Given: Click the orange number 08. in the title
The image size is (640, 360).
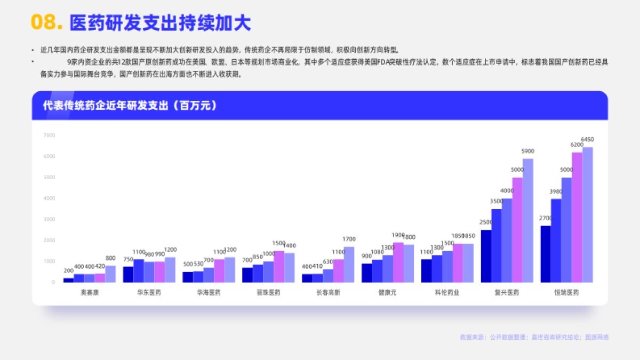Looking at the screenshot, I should pos(47,22).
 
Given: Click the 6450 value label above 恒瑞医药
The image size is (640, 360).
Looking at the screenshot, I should pos(587,140).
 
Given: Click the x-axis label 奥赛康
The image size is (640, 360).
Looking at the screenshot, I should pos(90,293).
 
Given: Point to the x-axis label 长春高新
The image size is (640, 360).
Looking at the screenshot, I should pos(328,293).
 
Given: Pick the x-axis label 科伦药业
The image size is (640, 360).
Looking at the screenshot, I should pos(447,293).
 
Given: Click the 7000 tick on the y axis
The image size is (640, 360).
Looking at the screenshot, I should pos(49,135).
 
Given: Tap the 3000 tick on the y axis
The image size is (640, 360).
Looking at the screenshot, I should pos(49,219).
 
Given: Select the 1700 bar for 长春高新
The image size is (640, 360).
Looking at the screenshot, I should pos(349,264).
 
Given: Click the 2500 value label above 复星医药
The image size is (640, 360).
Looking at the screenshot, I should pos(486,222).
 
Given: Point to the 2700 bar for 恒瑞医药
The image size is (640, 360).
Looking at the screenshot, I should pos(546,254).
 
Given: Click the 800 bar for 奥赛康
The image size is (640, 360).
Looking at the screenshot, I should pos(110,274).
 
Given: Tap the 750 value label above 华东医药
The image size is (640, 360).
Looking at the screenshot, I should pos(128,259).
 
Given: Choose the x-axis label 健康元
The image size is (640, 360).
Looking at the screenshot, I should pos(388,293).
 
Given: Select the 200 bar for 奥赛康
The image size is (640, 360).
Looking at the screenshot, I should pos(69,280).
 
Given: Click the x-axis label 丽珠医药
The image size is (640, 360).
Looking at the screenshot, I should pos(268,293).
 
